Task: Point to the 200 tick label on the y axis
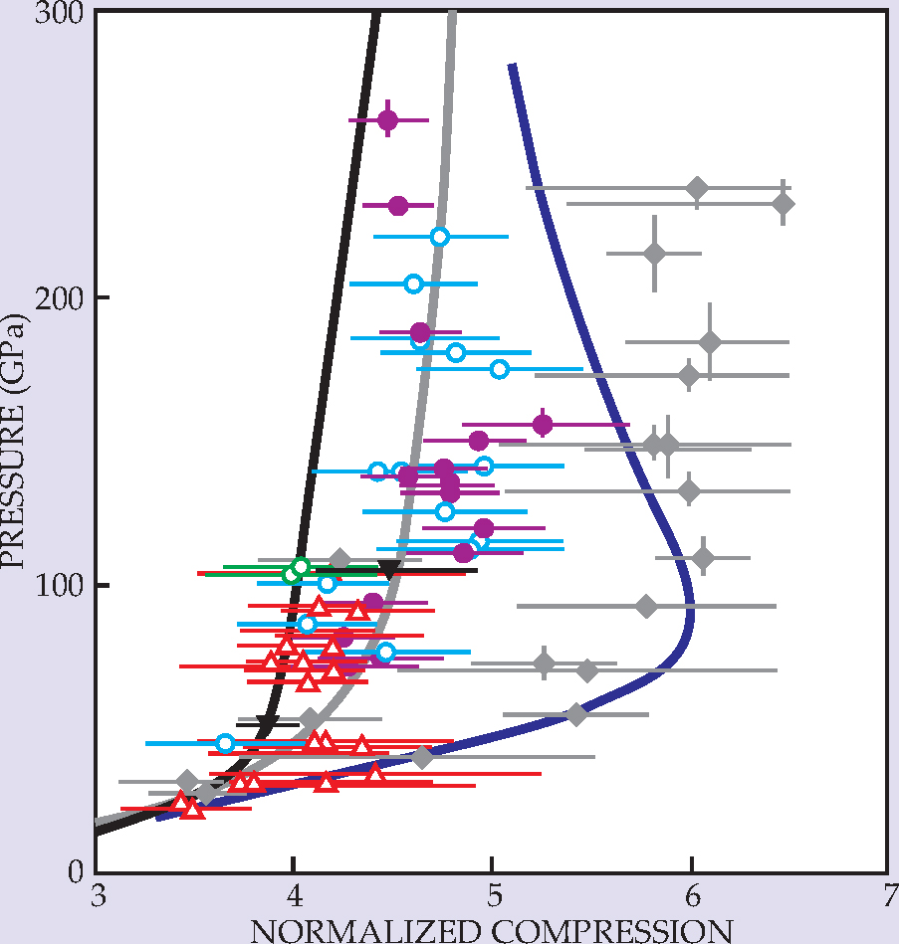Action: coord(65,297)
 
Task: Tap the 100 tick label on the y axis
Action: coord(65,585)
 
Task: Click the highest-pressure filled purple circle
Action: coord(388,120)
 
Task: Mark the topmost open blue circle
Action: coord(439,237)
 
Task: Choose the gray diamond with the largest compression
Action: coord(784,204)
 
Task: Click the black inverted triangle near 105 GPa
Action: coord(389,570)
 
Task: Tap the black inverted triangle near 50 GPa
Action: coord(265,724)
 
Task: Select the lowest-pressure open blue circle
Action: coord(225,743)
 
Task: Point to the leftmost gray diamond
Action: coord(186,782)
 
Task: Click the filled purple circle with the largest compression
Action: coord(543,425)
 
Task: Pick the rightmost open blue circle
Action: coord(500,369)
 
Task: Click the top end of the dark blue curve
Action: coord(512,67)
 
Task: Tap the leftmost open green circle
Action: coord(291,574)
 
